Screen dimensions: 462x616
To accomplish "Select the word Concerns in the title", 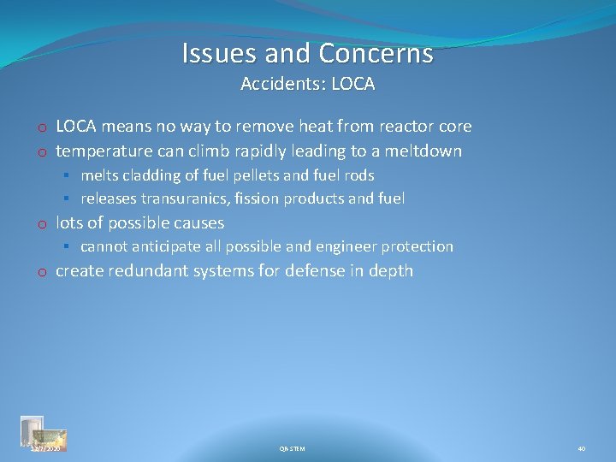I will (376, 54).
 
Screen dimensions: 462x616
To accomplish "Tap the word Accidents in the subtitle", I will (271, 84).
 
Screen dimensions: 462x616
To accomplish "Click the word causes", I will (196, 223).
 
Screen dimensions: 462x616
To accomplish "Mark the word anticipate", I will (162, 246).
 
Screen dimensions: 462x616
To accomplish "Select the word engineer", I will (346, 246).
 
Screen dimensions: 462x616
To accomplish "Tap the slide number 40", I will (581, 448).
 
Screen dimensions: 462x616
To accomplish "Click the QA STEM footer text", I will (292, 448).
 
